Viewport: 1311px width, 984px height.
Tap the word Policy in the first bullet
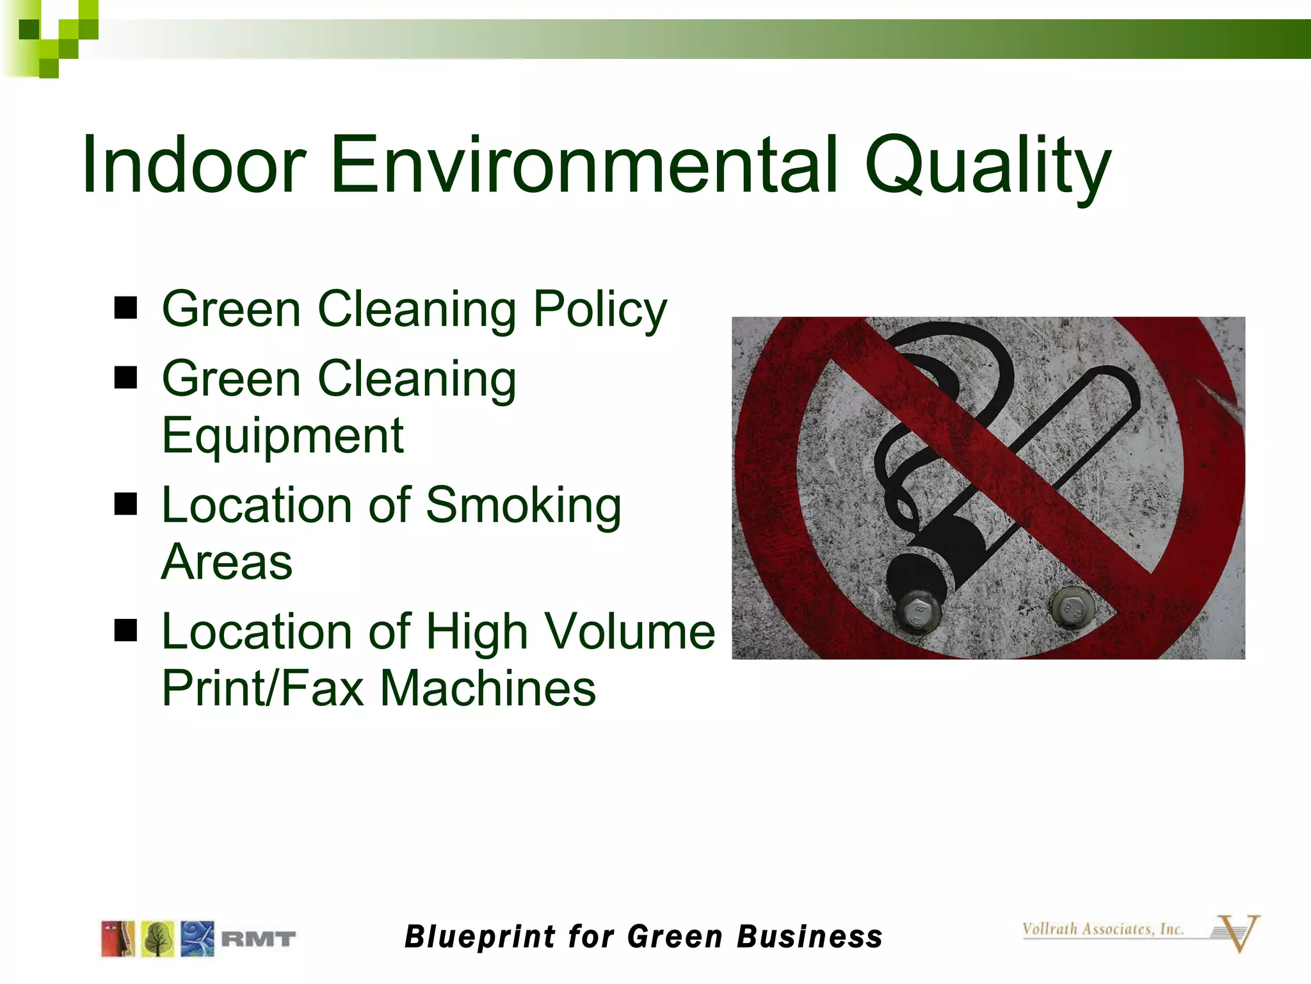coord(600,310)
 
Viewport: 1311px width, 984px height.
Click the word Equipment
coord(282,436)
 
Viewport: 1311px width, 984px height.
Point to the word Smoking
coord(523,506)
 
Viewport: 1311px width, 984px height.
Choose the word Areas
coord(227,562)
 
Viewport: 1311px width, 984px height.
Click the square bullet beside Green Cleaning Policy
coord(126,308)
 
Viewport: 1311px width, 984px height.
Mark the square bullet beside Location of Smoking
coord(126,504)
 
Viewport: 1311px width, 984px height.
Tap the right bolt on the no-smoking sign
coord(1072,606)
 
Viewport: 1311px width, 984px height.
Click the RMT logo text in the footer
coord(258,939)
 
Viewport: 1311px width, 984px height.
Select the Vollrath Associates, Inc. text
coord(1102,930)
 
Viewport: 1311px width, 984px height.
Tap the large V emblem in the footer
coord(1237,933)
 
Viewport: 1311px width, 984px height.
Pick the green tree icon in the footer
coord(157,939)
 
